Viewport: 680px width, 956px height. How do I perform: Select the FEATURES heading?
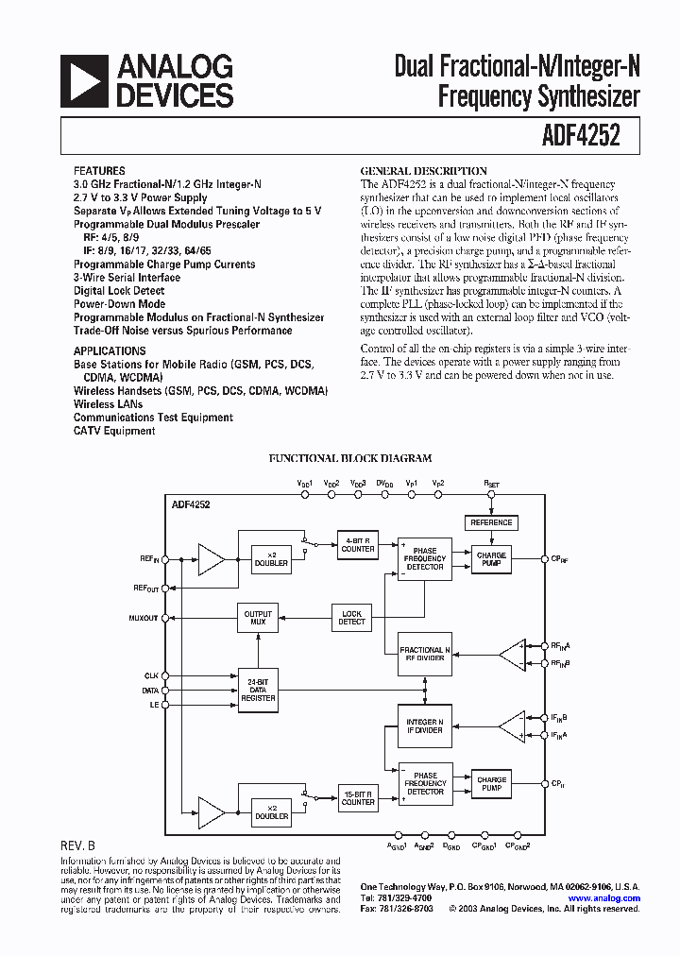coord(97,172)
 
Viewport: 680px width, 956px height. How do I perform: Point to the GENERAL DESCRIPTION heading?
coord(424,171)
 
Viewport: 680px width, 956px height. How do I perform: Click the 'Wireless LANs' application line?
coord(107,403)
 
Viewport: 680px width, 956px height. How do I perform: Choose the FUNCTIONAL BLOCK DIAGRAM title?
coord(350,458)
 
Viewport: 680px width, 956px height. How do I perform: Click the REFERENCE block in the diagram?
coord(491,522)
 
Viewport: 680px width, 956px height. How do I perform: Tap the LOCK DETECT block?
coord(351,617)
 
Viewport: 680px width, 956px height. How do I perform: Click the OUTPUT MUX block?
coord(258,617)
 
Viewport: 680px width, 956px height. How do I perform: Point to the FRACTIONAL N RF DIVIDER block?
coord(425,654)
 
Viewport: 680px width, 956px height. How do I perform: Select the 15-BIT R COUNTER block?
coord(358,797)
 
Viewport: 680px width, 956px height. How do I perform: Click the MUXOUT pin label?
coord(143,618)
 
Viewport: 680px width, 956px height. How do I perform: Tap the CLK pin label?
coord(151,675)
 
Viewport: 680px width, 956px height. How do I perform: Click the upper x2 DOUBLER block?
coord(271,558)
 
